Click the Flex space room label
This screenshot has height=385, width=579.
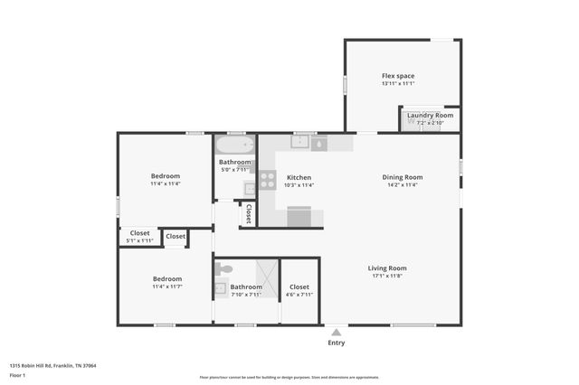coord(397,76)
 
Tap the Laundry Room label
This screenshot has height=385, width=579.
coord(430,116)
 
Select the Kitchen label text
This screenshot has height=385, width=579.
coord(299,177)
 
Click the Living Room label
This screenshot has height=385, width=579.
coord(386,268)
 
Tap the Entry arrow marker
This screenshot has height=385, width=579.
coord(336,332)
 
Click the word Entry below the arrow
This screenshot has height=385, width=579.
coord(336,343)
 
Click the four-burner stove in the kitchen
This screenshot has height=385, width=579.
coord(268,180)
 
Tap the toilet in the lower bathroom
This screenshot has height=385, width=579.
coord(224,268)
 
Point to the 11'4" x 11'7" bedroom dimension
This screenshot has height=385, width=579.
coord(166,286)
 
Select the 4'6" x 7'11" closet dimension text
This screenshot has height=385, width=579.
coord(299,295)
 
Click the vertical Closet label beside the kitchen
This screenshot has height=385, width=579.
coord(248,213)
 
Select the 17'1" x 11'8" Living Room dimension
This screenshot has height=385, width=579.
coord(386,277)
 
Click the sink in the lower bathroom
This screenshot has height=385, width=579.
coord(220,289)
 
